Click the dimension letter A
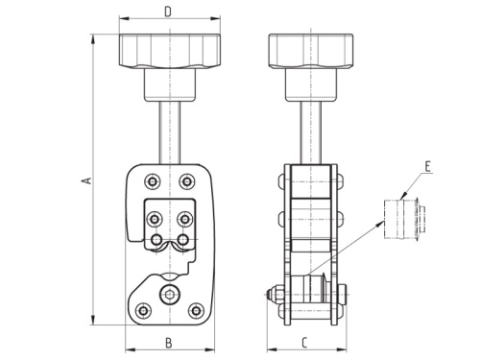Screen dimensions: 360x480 tap(85, 180)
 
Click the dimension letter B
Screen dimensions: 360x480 tap(167, 341)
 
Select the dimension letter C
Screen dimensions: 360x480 tap(302, 341)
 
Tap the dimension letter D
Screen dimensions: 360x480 tap(167, 12)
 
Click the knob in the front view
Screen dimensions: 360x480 tap(167, 50)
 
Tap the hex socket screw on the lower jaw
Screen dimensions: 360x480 tap(169, 294)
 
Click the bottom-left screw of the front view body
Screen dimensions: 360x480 tap(142, 310)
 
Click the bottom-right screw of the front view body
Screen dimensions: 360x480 tap(196, 310)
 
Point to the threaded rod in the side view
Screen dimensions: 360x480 tap(307, 130)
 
